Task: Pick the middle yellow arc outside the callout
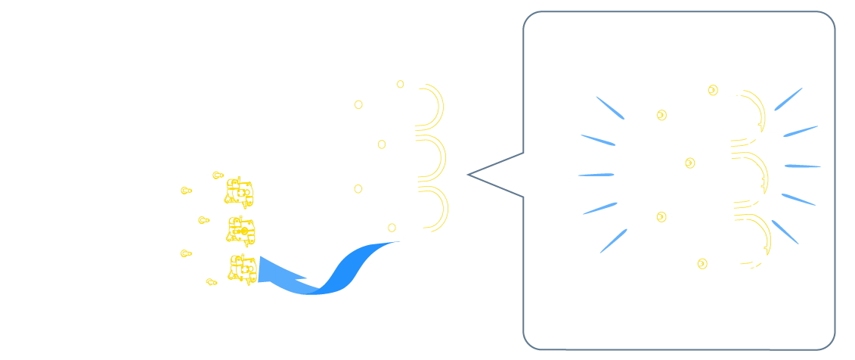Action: pos(439,157)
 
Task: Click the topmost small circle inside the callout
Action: pos(713,90)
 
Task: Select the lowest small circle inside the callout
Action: pos(702,263)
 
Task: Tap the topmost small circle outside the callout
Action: pos(401,84)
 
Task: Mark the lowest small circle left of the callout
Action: pos(392,228)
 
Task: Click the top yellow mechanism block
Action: pos(238,192)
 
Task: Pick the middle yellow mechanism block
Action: pos(241,230)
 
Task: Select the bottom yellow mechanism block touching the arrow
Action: pos(243,268)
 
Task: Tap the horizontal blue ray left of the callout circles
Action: pos(596,175)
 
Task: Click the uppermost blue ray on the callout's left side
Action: pos(610,107)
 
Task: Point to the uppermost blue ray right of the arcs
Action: pos(788,99)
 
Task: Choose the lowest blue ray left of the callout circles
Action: pos(613,241)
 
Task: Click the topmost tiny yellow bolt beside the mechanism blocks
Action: pos(218,175)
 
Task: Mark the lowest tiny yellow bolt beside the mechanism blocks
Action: pos(212,282)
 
